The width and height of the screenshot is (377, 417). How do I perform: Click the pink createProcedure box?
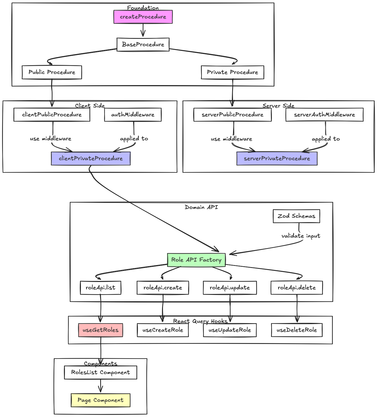pos(143,17)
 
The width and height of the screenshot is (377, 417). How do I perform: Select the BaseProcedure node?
pos(143,44)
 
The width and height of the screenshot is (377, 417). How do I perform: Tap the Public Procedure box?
pos(52,72)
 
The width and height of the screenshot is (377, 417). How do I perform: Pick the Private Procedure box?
pos(232,72)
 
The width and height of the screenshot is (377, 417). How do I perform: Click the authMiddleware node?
pos(133,115)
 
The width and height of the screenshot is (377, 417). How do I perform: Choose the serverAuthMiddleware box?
pos(324,115)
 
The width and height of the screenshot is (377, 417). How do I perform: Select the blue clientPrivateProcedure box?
pos(91,158)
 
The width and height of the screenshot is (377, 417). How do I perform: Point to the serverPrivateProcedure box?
pos(277,158)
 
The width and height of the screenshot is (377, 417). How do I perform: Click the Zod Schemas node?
pos(296,216)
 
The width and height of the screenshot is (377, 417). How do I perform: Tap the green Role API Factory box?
pos(196,260)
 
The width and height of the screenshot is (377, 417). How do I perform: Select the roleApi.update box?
pos(230,288)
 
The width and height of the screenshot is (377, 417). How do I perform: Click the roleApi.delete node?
pos(297,288)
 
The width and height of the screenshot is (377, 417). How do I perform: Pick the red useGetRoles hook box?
pos(100,330)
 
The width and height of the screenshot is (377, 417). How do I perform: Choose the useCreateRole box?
pos(163,330)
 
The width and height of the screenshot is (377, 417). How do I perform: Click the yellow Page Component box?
pos(100,400)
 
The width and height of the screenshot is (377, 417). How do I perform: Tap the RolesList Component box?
pos(100,372)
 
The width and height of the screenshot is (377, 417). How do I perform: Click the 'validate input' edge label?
pos(301,236)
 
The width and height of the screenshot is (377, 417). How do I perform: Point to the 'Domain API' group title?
pos(201,207)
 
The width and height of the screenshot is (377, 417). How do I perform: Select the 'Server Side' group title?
pos(278,105)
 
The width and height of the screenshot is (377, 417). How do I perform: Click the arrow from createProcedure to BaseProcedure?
pos(143,30)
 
